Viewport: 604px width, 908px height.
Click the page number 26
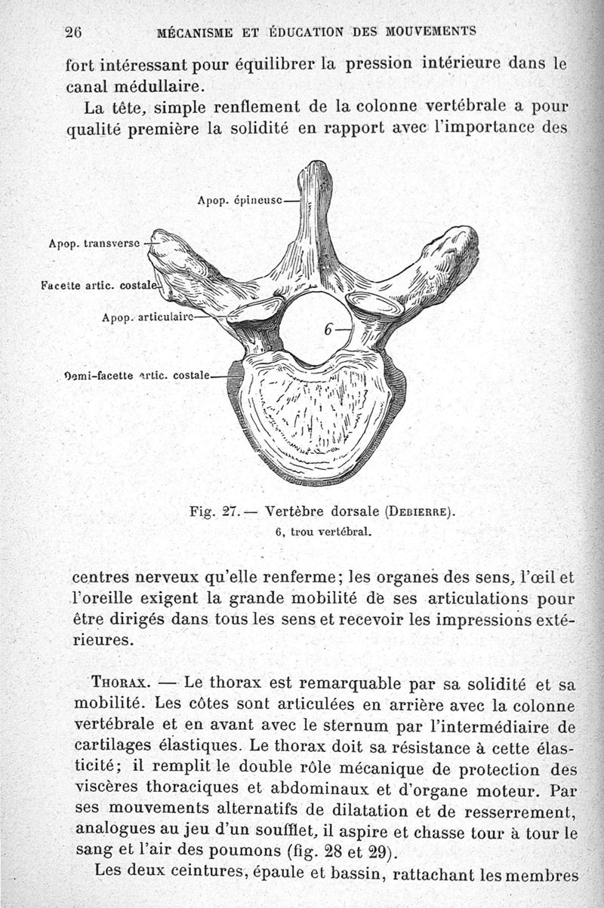73,32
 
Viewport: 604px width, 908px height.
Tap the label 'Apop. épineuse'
239,201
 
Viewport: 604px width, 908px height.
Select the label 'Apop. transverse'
94,244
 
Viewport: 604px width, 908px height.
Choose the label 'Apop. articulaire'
147,317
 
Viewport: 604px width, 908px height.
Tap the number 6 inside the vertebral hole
329,330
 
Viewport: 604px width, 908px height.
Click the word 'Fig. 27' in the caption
214,511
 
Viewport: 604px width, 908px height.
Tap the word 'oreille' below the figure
103,600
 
